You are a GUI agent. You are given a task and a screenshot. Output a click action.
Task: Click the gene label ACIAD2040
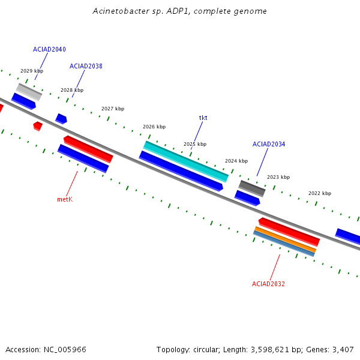point(49,49)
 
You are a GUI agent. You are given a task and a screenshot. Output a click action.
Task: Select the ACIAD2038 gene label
point(86,66)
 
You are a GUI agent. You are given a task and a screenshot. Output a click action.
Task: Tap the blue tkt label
point(203,118)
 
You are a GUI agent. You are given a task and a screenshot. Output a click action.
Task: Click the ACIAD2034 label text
point(269,144)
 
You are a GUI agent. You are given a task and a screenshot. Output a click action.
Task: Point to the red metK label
point(65,199)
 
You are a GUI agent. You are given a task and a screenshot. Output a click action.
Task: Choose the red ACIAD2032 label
point(268,284)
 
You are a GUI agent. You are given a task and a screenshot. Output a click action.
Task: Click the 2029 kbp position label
point(32,71)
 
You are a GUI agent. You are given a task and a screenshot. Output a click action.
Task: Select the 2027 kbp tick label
point(113,109)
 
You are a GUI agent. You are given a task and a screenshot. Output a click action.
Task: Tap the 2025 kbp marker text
point(195,144)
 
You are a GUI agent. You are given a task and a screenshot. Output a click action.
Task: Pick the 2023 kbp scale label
point(278,177)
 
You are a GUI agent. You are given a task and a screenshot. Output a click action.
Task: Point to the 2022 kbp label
point(320,193)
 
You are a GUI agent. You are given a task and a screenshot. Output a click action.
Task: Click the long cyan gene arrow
point(186,161)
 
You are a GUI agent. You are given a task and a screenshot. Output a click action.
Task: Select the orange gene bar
point(285,239)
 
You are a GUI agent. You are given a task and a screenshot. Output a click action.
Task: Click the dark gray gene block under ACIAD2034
point(252,188)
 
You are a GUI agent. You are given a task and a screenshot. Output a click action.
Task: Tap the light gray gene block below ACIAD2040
point(29,92)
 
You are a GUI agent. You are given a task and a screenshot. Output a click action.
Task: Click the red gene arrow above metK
point(88,149)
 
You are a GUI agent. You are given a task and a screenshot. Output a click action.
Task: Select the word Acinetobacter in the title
point(121,11)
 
